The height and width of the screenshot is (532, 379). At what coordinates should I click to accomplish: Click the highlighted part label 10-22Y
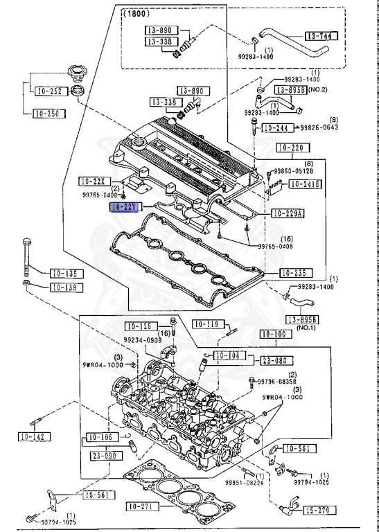point(125,206)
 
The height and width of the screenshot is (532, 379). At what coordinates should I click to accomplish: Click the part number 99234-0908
point(144,340)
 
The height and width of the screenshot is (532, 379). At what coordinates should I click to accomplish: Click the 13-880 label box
point(161,30)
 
